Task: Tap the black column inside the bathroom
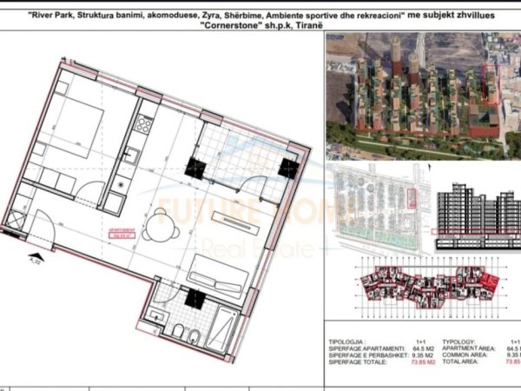click(x=195, y=301)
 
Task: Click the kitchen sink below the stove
click(x=132, y=156)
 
